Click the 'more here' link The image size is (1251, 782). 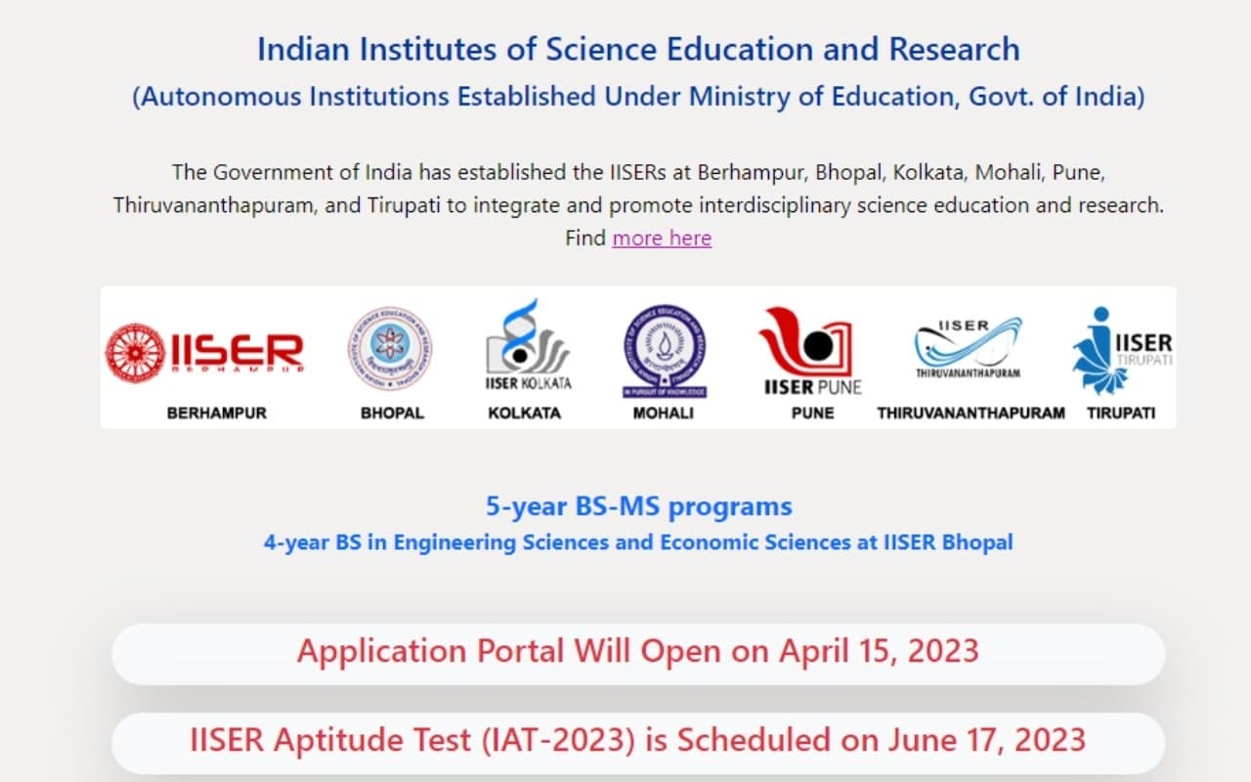662,238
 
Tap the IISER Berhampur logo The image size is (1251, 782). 204,352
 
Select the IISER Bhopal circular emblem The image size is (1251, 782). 390,349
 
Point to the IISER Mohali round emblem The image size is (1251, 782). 665,350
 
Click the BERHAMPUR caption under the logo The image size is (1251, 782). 217,413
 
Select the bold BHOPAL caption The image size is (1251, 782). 392,413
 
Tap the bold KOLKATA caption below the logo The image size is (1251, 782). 525,413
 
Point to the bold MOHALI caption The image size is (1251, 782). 664,413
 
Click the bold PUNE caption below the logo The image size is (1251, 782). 813,413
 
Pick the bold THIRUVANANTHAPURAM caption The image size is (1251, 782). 971,413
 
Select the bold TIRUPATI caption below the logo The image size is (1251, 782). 1121,413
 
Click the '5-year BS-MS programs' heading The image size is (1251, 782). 639,507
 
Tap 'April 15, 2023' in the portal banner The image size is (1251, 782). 879,651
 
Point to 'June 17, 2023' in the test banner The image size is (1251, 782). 986,740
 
